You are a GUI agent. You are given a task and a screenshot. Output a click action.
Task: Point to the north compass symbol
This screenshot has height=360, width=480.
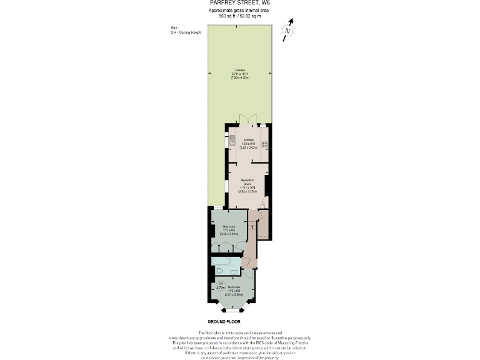point(287,30)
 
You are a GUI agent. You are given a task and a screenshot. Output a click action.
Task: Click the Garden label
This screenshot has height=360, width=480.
point(240,72)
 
